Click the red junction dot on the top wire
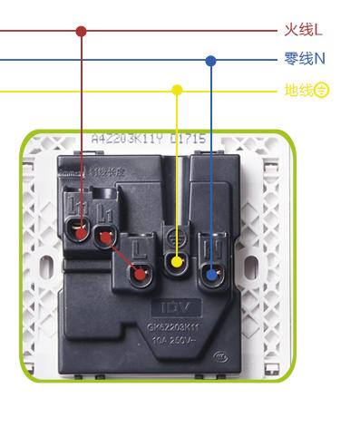(x=82, y=31)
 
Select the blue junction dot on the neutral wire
(x=211, y=62)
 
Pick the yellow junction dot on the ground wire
(x=178, y=91)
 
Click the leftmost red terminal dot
(x=82, y=233)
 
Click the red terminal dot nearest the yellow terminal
(x=139, y=271)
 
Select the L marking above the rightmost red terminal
(x=138, y=246)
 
